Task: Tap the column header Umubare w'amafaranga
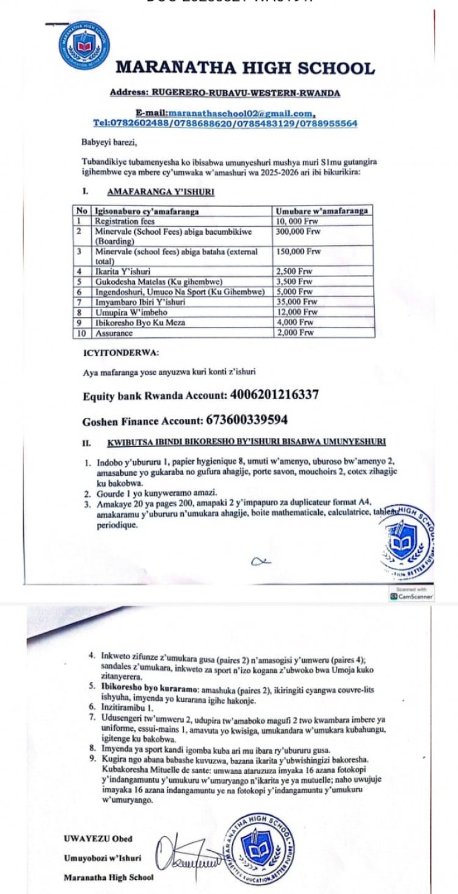click(x=322, y=210)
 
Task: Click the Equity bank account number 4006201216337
click(x=275, y=395)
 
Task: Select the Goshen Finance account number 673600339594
click(x=244, y=420)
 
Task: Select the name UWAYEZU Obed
click(x=98, y=839)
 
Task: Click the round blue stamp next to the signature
click(x=262, y=848)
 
